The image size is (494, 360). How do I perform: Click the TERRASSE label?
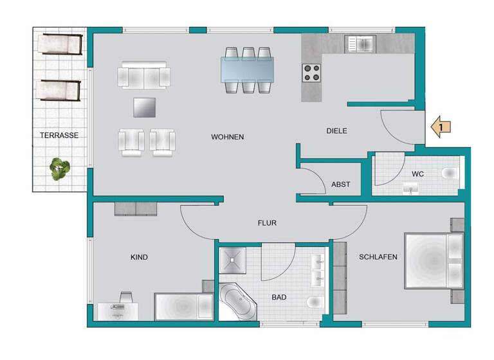pyautogui.click(x=59, y=136)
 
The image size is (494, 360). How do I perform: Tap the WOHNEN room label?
pyautogui.click(x=227, y=138)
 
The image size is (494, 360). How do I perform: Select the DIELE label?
pyautogui.click(x=336, y=131)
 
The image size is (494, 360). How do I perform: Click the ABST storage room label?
pyautogui.click(x=340, y=184)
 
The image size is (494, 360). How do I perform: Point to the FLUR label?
pyautogui.click(x=267, y=224)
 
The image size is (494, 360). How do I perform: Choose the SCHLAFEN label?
pyautogui.click(x=378, y=257)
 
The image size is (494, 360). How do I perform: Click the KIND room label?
pyautogui.click(x=139, y=257)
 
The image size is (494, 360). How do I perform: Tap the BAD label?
pyautogui.click(x=279, y=298)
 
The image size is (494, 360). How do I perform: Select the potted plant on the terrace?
pyautogui.click(x=60, y=169)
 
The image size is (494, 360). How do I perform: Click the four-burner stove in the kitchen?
pyautogui.click(x=312, y=73)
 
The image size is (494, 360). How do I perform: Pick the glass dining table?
pyautogui.click(x=248, y=69)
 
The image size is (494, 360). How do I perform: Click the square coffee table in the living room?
pyautogui.click(x=145, y=107)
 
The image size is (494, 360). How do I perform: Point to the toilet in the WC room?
pyautogui.click(x=451, y=172)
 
